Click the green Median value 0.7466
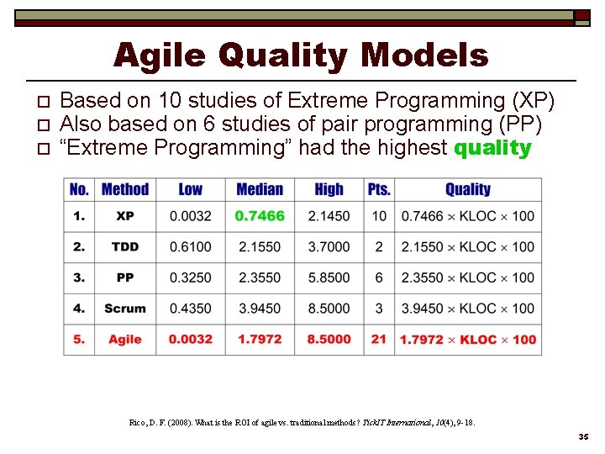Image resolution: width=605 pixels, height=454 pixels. pos(260,216)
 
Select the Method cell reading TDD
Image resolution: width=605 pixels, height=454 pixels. pos(125,247)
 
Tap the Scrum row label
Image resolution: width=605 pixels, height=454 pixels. pos(125,309)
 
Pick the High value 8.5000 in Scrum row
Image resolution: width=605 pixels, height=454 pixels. pos(329,309)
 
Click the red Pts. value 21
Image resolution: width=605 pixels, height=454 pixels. pos(379,340)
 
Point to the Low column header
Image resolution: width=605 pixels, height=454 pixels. pos(191,189)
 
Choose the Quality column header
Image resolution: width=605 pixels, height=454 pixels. pos(467,189)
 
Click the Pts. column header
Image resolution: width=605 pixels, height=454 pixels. pos(379,189)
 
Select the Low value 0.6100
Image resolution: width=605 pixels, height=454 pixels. pos(191,247)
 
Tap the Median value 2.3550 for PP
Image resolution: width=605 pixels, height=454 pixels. pos(260,277)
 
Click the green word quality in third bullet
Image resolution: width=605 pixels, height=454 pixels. pos(492,149)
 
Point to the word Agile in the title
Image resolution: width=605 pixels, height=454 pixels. pos(160,55)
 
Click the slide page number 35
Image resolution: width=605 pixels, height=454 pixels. pos(583,438)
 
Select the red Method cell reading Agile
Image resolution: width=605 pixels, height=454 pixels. pos(125,340)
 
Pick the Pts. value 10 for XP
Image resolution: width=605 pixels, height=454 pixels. pos(379,216)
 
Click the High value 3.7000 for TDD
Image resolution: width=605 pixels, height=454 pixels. pos(329,247)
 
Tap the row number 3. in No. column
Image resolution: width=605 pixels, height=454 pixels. pos(79,277)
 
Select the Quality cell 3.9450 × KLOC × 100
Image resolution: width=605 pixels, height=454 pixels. pos(467,309)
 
